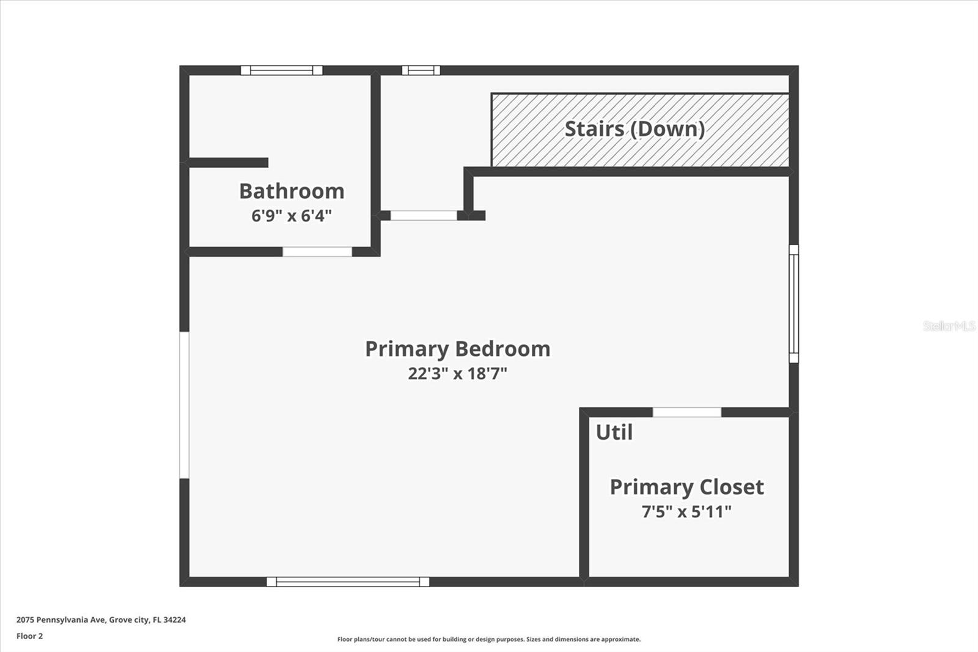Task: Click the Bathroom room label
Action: (x=292, y=191)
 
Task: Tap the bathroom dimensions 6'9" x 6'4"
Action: (x=292, y=216)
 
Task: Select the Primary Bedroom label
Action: (x=457, y=349)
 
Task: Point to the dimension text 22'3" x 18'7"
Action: (x=457, y=373)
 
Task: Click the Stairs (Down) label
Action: (x=634, y=129)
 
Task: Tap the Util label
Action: (x=614, y=432)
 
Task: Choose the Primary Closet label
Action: (x=686, y=487)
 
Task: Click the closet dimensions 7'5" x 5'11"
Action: (x=686, y=511)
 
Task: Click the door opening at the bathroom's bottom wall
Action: (x=317, y=251)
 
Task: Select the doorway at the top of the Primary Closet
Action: (x=687, y=412)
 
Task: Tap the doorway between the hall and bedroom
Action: (x=424, y=215)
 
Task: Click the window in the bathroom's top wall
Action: (x=281, y=70)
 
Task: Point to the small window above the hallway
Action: (x=421, y=70)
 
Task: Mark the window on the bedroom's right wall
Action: (x=793, y=303)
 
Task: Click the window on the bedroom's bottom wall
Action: (x=348, y=582)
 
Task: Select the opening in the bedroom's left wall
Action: (x=184, y=405)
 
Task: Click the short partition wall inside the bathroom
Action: (x=229, y=163)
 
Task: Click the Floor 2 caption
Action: (x=29, y=636)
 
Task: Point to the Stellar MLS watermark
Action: (x=949, y=326)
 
